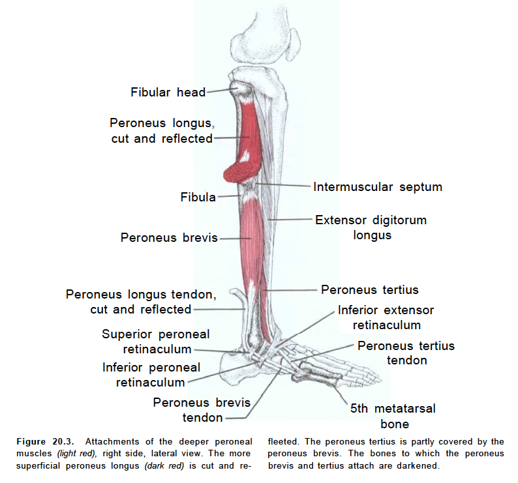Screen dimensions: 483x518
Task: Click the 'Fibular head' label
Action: coord(168,92)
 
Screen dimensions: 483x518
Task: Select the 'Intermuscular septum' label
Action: coord(377,187)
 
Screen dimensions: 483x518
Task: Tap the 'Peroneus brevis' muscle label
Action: coord(169,238)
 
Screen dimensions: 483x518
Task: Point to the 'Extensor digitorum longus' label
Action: coord(371,227)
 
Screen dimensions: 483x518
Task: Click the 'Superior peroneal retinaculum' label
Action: coord(156,342)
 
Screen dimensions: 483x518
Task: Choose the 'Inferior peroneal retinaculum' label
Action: coord(151,375)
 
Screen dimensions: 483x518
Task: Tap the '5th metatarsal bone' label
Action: coord(393,417)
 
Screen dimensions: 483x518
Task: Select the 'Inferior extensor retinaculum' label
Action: coord(386,317)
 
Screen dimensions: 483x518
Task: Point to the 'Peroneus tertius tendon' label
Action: coord(406,353)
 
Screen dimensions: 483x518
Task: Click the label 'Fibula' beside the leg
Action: coord(198,197)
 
